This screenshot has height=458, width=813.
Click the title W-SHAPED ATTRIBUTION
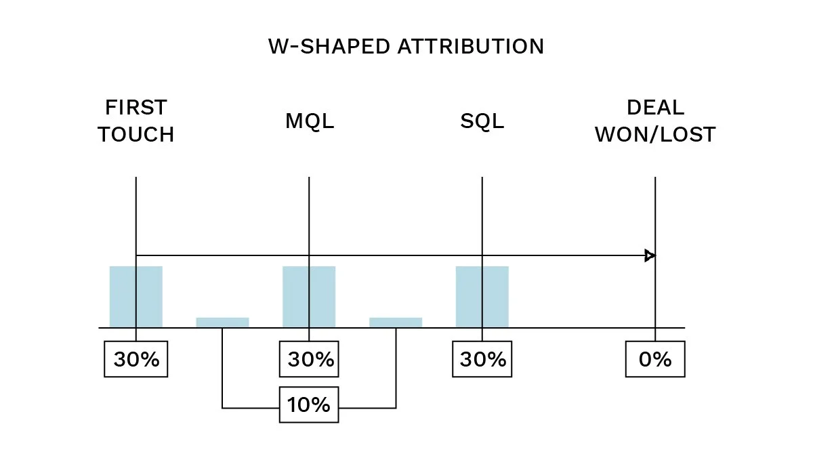(406, 47)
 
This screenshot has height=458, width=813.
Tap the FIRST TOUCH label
(136, 121)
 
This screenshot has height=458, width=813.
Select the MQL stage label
(310, 122)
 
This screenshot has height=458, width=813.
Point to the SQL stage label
(482, 122)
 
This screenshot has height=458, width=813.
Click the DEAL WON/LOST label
(655, 121)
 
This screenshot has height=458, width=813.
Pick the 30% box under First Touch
(136, 360)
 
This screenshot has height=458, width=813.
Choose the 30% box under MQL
(310, 360)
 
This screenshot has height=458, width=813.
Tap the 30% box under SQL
(482, 360)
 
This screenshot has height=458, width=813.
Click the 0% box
(655, 360)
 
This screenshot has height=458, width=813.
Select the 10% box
(309, 405)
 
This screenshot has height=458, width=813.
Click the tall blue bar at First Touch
(136, 297)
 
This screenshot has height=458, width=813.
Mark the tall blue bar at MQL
(309, 297)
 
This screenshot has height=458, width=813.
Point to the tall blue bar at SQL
(482, 297)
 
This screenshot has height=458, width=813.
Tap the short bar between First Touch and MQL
(222, 322)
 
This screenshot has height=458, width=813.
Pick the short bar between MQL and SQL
(396, 322)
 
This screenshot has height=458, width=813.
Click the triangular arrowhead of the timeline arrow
(650, 255)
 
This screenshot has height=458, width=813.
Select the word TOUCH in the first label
(136, 135)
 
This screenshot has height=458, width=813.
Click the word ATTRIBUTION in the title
(470, 47)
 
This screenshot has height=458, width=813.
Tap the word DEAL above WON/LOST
(655, 108)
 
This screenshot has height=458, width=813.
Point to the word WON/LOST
(655, 135)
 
